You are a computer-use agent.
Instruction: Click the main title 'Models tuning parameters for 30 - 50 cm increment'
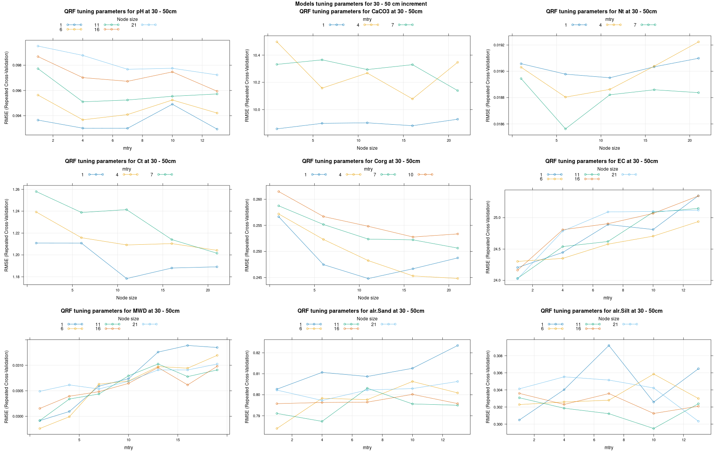click(x=361, y=4)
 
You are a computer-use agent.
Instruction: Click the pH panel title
click(x=120, y=11)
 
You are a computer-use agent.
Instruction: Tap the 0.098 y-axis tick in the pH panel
click(x=17, y=65)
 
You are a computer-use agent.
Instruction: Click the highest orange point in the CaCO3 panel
click(x=277, y=42)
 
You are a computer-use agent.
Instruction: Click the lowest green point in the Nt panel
click(x=565, y=129)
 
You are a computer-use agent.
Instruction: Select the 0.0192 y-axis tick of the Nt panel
click(x=499, y=45)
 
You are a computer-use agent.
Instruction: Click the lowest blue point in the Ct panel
click(x=127, y=279)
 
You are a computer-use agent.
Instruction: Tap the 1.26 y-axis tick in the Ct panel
click(x=16, y=189)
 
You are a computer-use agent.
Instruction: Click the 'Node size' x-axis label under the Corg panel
click(x=368, y=298)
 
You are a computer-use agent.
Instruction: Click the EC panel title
click(x=601, y=161)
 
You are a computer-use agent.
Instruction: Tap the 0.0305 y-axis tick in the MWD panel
click(x=17, y=391)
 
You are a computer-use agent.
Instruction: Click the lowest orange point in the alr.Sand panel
click(x=277, y=429)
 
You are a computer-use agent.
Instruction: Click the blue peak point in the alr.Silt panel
click(x=609, y=345)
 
